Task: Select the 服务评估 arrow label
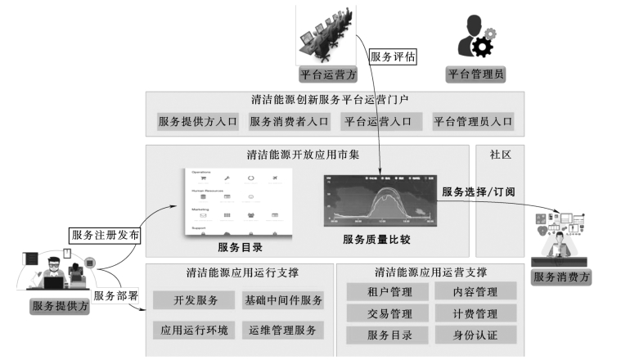[394, 57]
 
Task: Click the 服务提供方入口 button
[198, 122]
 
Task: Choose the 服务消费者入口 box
[290, 122]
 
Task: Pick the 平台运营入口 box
[381, 122]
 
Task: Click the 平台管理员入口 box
[473, 122]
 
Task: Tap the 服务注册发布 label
[106, 235]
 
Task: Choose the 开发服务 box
[196, 300]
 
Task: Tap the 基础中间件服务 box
[283, 300]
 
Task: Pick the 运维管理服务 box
[283, 331]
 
